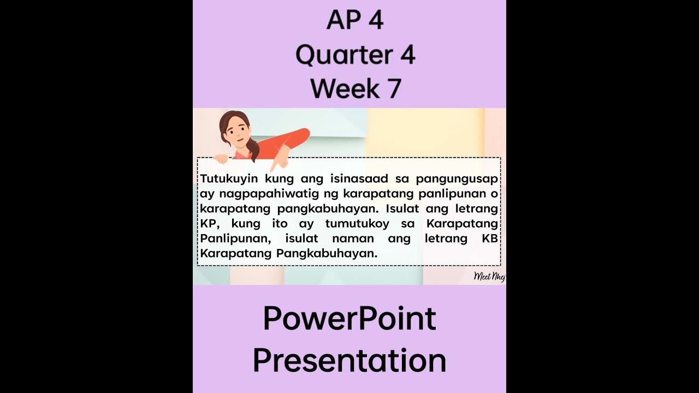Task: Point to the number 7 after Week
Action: click(x=392, y=89)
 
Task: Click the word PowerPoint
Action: click(x=349, y=319)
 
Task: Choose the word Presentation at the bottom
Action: click(x=349, y=361)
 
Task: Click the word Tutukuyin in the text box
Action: click(x=230, y=178)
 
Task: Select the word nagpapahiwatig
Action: click(x=279, y=194)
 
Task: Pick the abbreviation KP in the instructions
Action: click(x=210, y=224)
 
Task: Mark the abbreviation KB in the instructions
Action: click(x=490, y=239)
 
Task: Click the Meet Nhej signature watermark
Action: click(x=489, y=276)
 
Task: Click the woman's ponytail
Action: click(x=254, y=150)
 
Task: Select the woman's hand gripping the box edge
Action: click(x=221, y=159)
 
